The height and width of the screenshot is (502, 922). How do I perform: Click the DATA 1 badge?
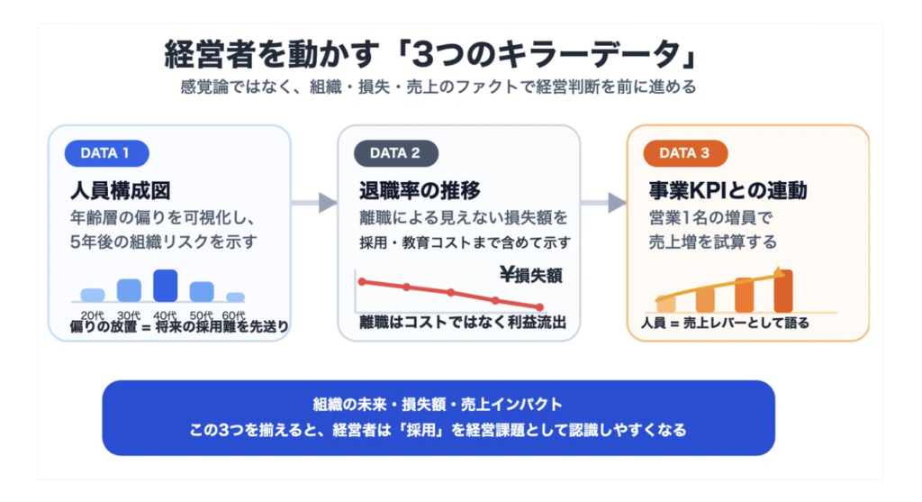[105, 153]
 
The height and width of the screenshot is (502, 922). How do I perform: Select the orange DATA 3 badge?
[684, 153]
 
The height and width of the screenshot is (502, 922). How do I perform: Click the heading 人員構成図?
[120, 191]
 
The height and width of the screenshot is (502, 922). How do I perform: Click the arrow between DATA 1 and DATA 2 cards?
[314, 202]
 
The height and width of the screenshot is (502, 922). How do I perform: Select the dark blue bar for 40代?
[165, 285]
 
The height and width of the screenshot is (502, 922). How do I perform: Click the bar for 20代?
[93, 294]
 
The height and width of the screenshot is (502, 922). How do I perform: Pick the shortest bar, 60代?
[236, 297]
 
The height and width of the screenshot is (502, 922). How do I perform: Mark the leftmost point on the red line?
[362, 282]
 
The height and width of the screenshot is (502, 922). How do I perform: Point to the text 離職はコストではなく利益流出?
[462, 323]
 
